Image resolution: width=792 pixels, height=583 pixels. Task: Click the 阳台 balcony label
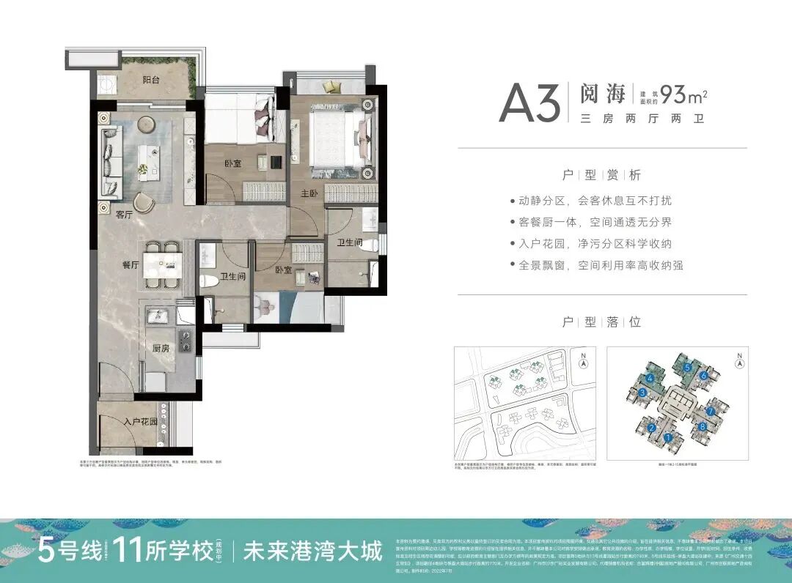click(152, 81)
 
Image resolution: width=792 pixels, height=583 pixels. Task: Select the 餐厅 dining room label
click(131, 265)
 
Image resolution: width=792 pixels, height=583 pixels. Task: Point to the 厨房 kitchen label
click(161, 349)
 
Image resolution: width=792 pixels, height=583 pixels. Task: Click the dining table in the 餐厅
click(162, 264)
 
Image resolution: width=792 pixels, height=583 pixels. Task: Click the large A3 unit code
click(529, 103)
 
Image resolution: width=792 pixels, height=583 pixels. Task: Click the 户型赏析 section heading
click(601, 175)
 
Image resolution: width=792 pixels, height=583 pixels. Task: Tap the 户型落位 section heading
click(601, 322)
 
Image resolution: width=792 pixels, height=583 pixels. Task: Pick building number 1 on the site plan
click(669, 438)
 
